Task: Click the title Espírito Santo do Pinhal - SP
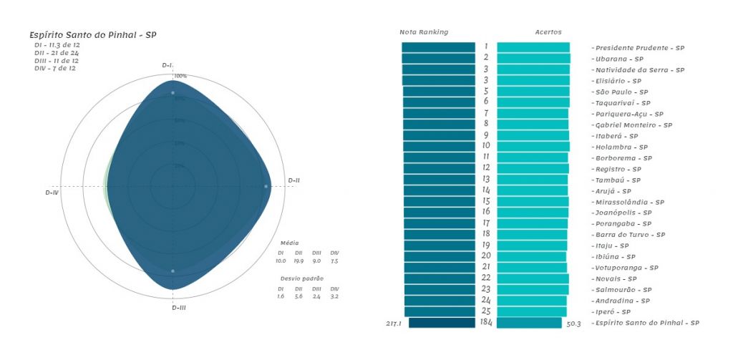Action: tap(92, 35)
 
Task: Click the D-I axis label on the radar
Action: tap(168, 65)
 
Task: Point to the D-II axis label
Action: tap(293, 180)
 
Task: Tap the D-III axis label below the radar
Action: tap(179, 308)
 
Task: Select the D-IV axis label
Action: tap(52, 193)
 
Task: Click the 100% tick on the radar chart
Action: tap(180, 76)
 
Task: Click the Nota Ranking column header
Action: tap(424, 32)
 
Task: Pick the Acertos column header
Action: tap(548, 32)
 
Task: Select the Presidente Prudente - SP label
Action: tap(639, 48)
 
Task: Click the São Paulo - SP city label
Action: tap(621, 92)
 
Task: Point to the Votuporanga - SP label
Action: tap(627, 268)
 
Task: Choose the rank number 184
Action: tap(486, 323)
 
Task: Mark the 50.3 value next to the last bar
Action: tap(574, 323)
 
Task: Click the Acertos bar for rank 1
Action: tap(533, 47)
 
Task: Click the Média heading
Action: tap(290, 243)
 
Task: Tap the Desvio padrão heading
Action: tap(302, 278)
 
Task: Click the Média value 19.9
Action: tap(299, 261)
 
